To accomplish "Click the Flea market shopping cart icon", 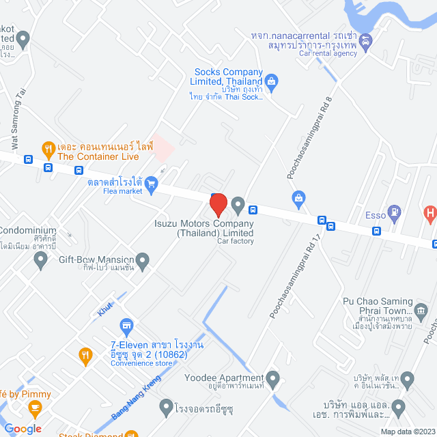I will tap(152, 182).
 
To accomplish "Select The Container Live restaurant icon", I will tap(48, 147).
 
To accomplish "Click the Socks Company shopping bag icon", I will tap(271, 83).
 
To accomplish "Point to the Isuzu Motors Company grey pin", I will tap(238, 203).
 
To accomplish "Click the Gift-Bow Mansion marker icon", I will tap(142, 259).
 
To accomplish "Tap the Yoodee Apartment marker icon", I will tap(272, 378).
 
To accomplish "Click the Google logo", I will tap(22, 428).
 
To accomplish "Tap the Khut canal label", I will tap(105, 309).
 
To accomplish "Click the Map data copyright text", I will tap(407, 432).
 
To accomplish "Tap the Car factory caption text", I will tap(236, 241).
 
